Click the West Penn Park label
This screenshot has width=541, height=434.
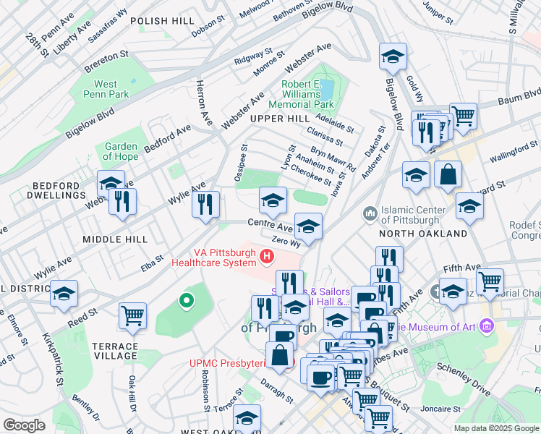click(x=106, y=89)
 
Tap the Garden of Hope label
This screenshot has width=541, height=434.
click(x=121, y=151)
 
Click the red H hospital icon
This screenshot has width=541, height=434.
click(x=268, y=256)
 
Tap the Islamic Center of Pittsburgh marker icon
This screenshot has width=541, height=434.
click(x=370, y=213)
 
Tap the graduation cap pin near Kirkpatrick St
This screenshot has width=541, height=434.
click(x=64, y=294)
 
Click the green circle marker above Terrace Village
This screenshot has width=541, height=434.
click(x=186, y=299)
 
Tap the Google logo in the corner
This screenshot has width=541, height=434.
click(x=25, y=425)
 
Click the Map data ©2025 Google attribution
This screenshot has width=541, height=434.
click(x=495, y=428)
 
